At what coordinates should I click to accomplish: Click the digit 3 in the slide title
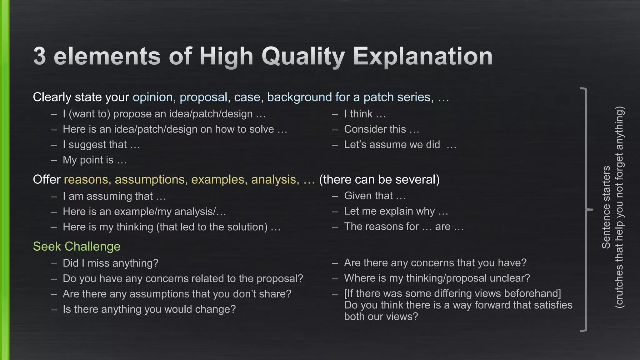point(40,56)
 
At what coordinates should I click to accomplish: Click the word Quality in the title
point(303,57)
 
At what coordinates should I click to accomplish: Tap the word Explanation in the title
point(422,57)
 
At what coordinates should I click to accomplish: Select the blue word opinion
point(153,97)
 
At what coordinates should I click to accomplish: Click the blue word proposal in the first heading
point(203,97)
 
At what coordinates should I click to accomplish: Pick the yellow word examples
point(217,180)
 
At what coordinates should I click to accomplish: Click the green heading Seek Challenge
point(77,247)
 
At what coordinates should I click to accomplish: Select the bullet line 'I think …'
point(365,114)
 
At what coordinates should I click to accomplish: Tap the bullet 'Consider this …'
point(381,129)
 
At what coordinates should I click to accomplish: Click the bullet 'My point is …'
point(94,160)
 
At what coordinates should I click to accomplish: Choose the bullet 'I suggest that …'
point(101,145)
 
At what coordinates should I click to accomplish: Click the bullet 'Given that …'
point(375,196)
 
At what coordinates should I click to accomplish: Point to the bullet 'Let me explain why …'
point(396,212)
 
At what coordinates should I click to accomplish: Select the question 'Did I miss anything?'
point(110,263)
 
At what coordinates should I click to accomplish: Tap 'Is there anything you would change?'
point(149,309)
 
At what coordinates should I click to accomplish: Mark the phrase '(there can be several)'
point(379,180)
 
